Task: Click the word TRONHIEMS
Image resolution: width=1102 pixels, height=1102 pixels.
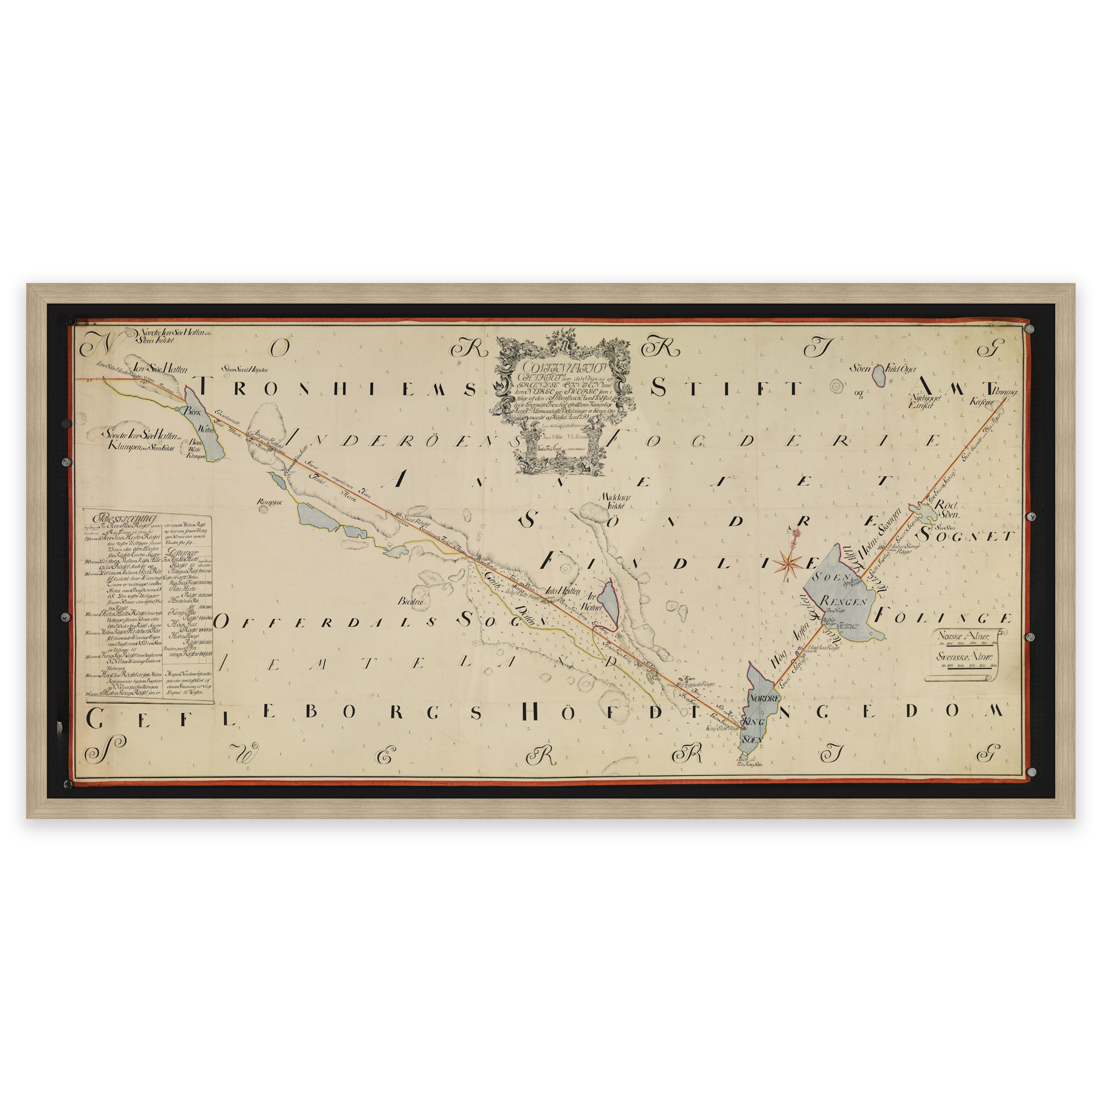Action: [x=337, y=389]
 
